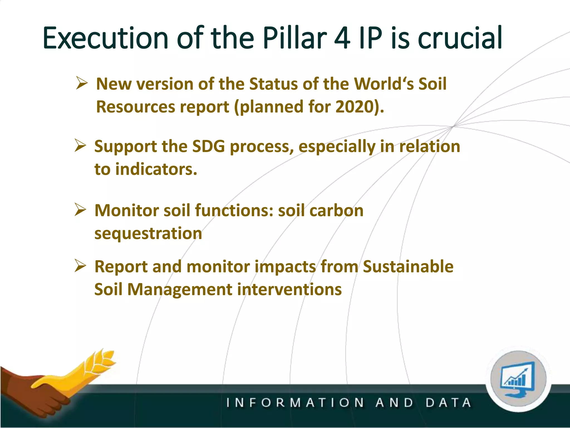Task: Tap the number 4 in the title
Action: (342, 38)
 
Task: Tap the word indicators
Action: (156, 169)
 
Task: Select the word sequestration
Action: (148, 233)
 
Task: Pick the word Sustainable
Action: (408, 266)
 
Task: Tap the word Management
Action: (180, 289)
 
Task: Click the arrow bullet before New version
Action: (82, 83)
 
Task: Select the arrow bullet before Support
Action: (80, 146)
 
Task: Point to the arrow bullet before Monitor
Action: (80, 210)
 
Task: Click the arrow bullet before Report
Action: (80, 266)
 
